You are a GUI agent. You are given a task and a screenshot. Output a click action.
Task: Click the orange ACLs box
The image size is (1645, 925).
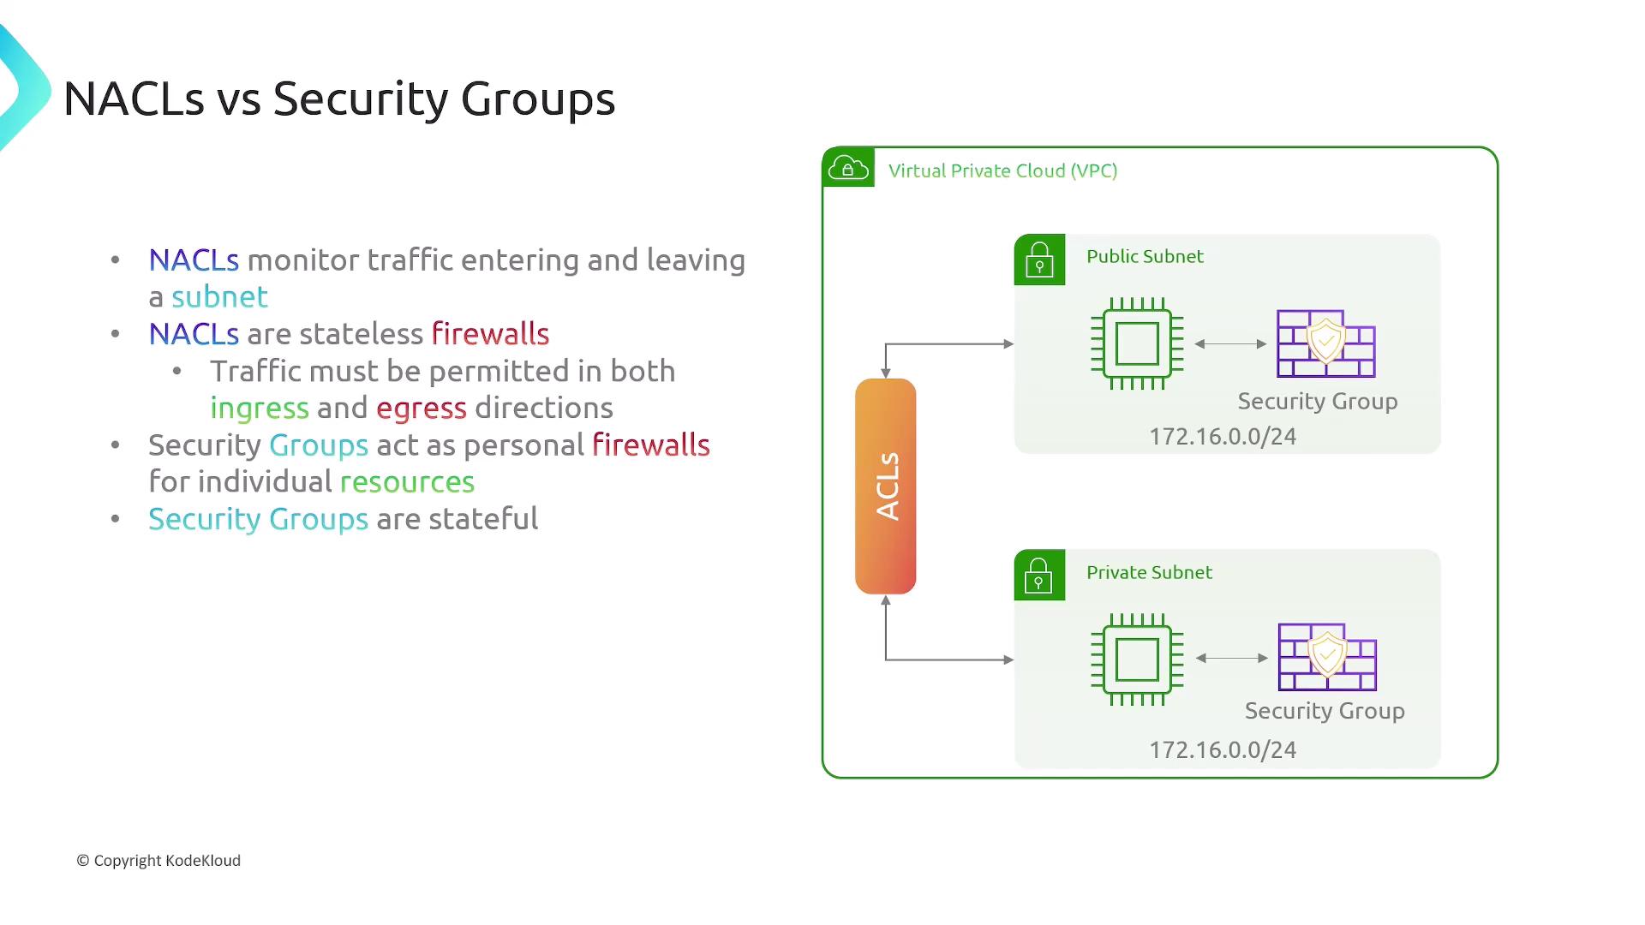coord(886,486)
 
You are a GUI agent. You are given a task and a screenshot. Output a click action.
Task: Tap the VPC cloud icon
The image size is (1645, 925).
coord(848,168)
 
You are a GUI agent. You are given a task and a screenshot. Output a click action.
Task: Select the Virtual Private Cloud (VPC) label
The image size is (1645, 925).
coord(1002,170)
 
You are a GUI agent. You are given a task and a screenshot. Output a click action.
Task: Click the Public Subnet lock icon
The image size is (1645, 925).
coord(1039,260)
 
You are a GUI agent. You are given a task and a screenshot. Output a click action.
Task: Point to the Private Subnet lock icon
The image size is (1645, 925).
coord(1039,575)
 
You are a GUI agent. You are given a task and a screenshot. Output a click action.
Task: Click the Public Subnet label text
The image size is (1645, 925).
coord(1145,256)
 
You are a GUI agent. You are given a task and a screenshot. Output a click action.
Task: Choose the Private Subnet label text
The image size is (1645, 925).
coord(1149,572)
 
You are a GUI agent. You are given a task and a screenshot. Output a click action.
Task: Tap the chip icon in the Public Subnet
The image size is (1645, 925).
coord(1137,343)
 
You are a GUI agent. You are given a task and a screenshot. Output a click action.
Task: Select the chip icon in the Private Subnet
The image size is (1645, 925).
coord(1137,659)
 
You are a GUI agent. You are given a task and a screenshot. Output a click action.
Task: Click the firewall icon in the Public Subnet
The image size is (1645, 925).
coord(1325,343)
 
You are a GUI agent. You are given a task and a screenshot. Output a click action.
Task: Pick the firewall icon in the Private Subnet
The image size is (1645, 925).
coord(1327,657)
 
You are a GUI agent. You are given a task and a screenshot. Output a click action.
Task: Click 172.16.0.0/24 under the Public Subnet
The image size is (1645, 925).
coord(1223,437)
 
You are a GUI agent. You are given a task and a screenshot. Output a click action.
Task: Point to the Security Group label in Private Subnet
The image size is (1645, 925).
coord(1325,711)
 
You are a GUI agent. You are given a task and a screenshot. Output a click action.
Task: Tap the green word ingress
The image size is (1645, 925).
coord(260,409)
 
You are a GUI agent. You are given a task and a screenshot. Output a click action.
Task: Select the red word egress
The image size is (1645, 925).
coord(422,409)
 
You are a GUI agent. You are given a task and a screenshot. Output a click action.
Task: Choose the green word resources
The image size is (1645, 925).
coord(407,482)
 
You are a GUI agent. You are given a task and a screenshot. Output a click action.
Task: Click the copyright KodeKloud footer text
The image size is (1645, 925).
coord(159,861)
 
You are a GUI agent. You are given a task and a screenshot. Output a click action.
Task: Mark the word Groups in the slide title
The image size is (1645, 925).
coord(538,99)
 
